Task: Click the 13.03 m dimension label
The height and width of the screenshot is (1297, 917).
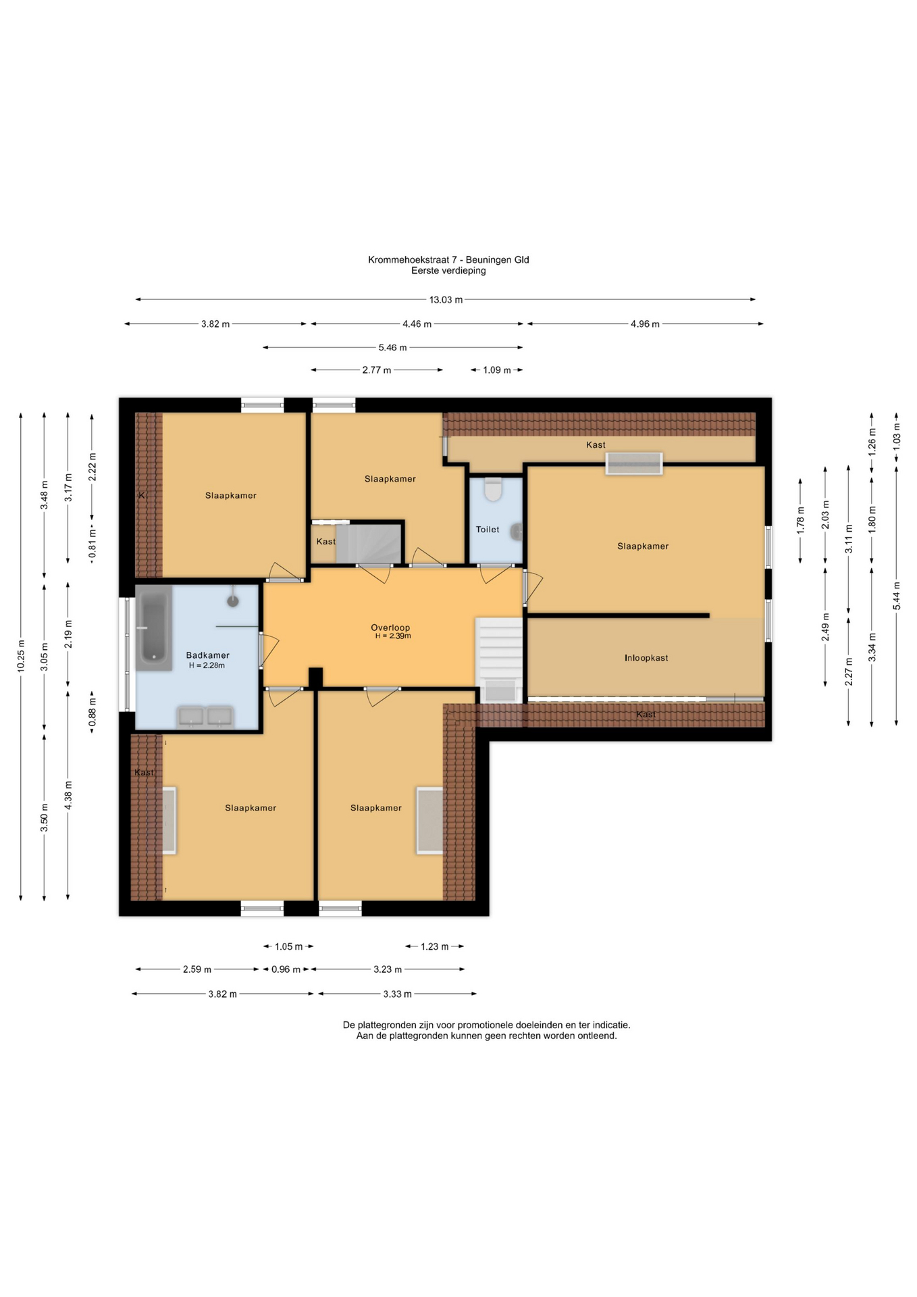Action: pyautogui.click(x=446, y=299)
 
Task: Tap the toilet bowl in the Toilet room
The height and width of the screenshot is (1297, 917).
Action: pyautogui.click(x=494, y=490)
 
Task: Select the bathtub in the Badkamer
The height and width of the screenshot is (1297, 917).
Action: pyautogui.click(x=153, y=628)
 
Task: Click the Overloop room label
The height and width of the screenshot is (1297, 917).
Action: pyautogui.click(x=390, y=628)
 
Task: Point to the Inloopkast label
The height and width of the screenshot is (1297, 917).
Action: pyautogui.click(x=646, y=657)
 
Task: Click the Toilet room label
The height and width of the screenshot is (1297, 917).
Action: pyautogui.click(x=488, y=530)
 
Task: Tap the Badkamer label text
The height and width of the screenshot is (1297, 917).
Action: pyautogui.click(x=208, y=655)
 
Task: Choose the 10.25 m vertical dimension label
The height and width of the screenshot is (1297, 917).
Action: pyautogui.click(x=21, y=656)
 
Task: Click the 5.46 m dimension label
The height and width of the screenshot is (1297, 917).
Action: pyautogui.click(x=392, y=348)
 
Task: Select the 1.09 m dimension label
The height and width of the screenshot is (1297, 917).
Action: pyautogui.click(x=497, y=370)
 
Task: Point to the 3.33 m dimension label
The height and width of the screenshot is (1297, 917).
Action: pyautogui.click(x=397, y=994)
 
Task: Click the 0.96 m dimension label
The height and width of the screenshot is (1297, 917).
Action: pyautogui.click(x=286, y=969)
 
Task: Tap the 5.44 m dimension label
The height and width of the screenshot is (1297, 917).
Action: pyautogui.click(x=896, y=596)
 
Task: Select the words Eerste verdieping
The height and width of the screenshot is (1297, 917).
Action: pyautogui.click(x=448, y=270)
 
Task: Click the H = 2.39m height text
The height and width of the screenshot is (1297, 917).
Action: pyautogui.click(x=393, y=636)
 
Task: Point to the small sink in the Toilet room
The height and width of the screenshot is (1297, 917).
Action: pyautogui.click(x=517, y=531)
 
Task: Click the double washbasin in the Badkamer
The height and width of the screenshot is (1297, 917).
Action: pyautogui.click(x=205, y=716)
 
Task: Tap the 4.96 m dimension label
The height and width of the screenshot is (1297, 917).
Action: pyautogui.click(x=645, y=324)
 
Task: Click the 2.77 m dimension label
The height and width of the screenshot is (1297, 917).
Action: pyautogui.click(x=377, y=370)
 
